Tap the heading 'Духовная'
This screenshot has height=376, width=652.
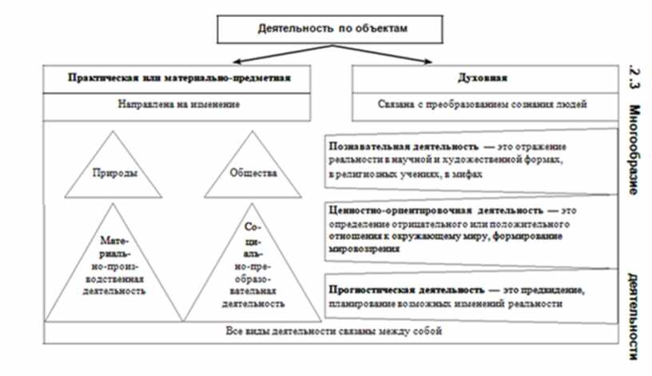pos(483,78)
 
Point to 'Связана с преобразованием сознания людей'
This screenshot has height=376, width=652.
pos(483,104)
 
